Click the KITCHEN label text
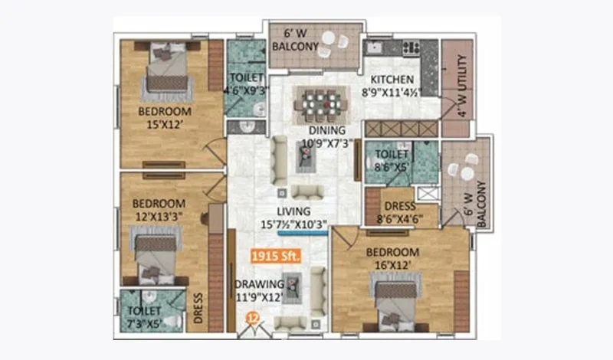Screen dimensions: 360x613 coord(392,80)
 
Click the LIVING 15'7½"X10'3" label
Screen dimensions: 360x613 coord(293,218)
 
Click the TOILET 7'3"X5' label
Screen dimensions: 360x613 coord(146,316)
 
